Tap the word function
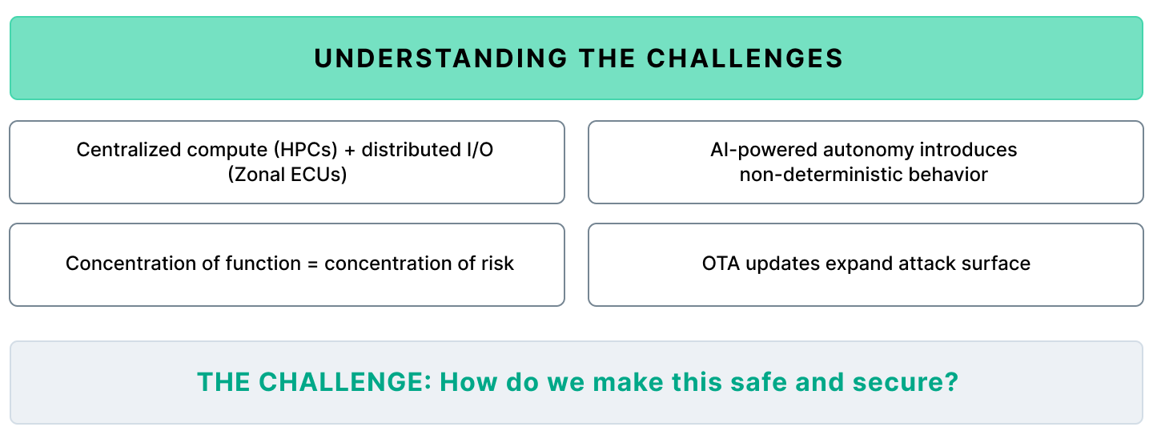(x=266, y=264)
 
